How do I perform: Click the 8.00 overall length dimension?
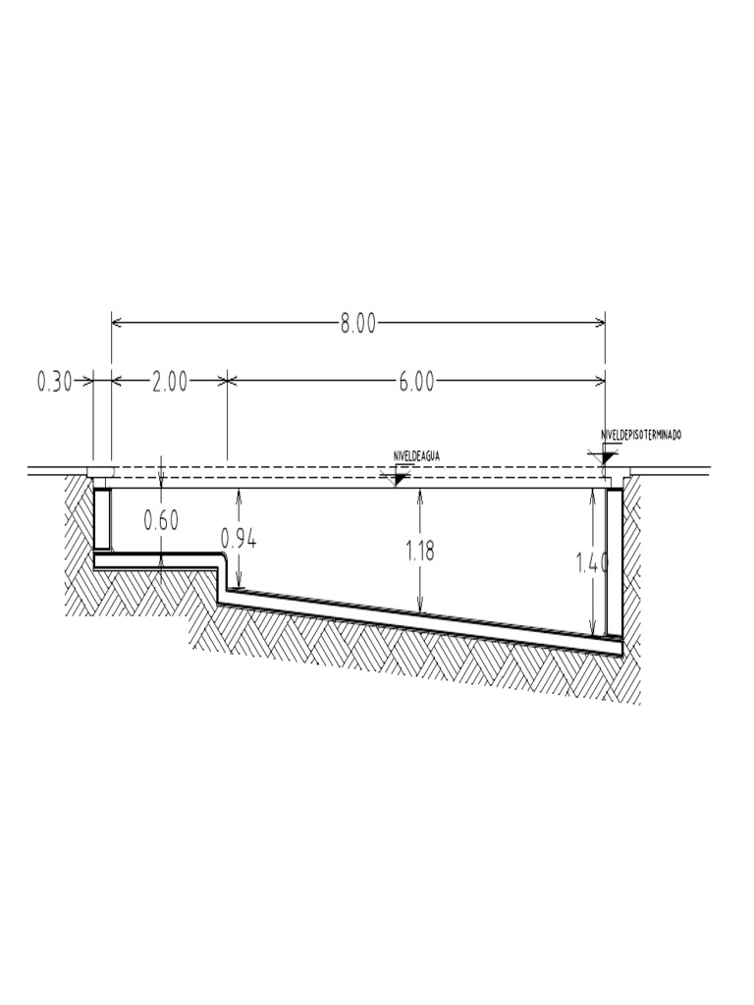[358, 324]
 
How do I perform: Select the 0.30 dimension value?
[54, 382]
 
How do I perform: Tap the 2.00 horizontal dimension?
[169, 382]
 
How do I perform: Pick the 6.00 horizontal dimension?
[416, 382]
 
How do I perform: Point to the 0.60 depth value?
[161, 520]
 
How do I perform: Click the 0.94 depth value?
[240, 538]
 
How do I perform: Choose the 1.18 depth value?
[420, 551]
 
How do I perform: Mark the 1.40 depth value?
[594, 562]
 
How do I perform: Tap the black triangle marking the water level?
[399, 478]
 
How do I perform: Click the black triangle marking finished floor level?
[608, 456]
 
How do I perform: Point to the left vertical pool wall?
[101, 518]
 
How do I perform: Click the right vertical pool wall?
[614, 559]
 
